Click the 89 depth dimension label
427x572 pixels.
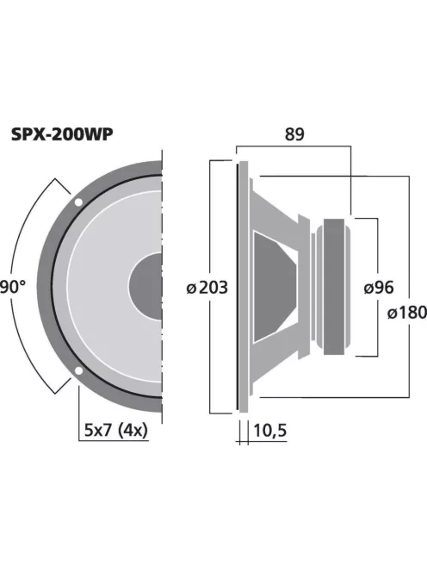click(x=294, y=135)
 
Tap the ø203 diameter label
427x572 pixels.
click(x=207, y=287)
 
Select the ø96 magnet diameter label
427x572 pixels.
click(x=379, y=287)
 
